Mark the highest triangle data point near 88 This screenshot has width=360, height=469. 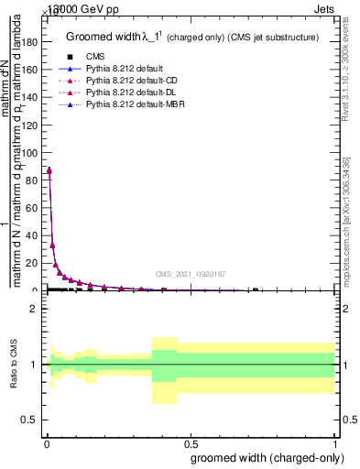(49, 169)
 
